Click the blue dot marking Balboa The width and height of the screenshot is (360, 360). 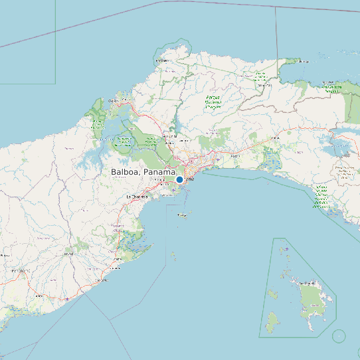[179, 179]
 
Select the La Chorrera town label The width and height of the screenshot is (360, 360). [136, 197]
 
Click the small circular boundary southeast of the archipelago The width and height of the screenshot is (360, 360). [339, 336]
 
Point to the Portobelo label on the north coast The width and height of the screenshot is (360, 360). [162, 60]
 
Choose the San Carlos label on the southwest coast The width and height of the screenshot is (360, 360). [102, 280]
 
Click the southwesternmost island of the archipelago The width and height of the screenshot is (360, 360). [271, 323]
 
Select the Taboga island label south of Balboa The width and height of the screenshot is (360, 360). [182, 216]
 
